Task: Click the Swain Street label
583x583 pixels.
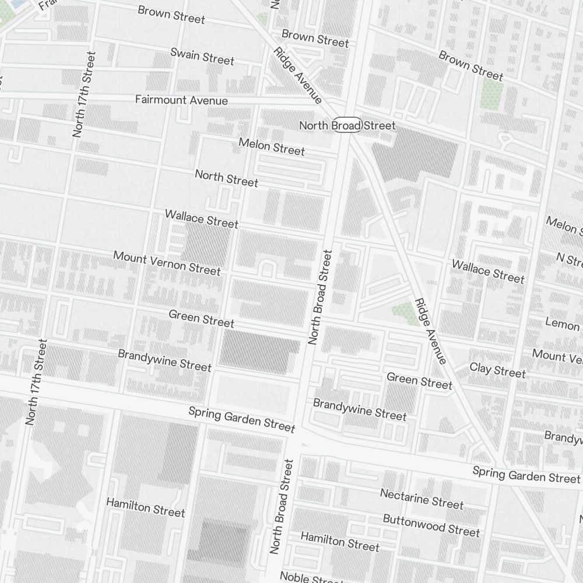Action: [x=202, y=57]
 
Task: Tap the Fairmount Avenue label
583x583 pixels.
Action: [x=181, y=100]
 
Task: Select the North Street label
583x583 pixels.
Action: [x=226, y=178]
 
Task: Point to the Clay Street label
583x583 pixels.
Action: [x=497, y=370]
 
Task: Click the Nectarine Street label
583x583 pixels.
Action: [x=422, y=498]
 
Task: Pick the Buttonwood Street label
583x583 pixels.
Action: [x=431, y=525]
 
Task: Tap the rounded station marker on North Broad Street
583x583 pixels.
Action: [x=348, y=125]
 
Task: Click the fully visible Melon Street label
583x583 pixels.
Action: [x=272, y=146]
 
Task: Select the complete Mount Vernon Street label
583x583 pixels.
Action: [x=167, y=263]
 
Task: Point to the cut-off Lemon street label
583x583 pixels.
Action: [x=563, y=324]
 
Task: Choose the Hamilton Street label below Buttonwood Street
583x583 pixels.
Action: [x=340, y=542]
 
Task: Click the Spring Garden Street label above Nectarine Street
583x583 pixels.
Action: [x=526, y=475]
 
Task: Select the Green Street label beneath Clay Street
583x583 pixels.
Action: [x=419, y=382]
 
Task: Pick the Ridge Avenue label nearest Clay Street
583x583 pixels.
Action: [x=431, y=331]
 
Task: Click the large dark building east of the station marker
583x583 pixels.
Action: [x=415, y=153]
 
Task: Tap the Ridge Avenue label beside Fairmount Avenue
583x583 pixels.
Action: [x=297, y=75]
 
